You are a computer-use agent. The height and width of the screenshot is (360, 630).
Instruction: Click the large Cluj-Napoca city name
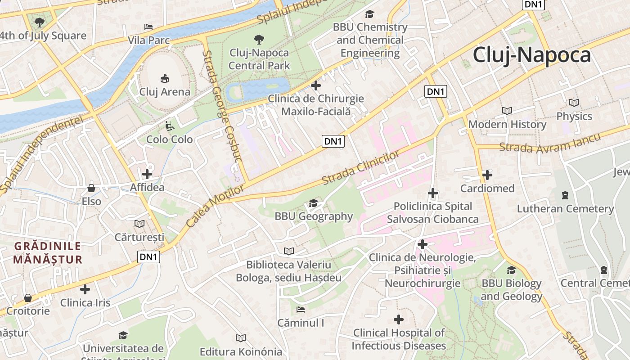(531, 55)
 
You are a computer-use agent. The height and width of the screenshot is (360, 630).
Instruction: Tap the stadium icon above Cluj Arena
(165, 78)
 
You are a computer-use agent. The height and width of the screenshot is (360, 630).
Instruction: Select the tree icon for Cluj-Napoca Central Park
(259, 39)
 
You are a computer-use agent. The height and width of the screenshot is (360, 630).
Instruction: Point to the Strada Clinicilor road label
(361, 168)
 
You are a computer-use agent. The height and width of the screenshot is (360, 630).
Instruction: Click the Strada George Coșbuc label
(222, 106)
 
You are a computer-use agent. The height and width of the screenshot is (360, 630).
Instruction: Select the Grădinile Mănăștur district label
(48, 253)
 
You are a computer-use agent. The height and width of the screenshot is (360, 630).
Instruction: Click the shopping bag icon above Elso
(91, 188)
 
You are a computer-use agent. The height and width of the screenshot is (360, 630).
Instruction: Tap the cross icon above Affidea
(147, 174)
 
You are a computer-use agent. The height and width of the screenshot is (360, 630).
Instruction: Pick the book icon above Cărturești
(139, 224)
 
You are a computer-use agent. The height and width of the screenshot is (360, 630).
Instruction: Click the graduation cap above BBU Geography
(313, 203)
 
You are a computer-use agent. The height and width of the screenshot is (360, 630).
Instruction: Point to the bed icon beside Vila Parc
(148, 27)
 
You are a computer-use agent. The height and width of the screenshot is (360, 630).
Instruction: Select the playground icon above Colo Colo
(169, 126)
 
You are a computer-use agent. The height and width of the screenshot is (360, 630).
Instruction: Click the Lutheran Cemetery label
(565, 209)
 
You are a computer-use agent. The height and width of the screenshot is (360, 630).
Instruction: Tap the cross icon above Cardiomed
(487, 175)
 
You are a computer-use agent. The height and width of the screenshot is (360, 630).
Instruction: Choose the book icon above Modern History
(507, 111)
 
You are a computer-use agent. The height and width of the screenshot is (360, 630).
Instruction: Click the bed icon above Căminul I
(301, 310)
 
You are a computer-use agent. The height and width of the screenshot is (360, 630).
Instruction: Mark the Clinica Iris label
(85, 302)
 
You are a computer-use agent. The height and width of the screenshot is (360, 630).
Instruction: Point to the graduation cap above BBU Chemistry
(369, 14)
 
